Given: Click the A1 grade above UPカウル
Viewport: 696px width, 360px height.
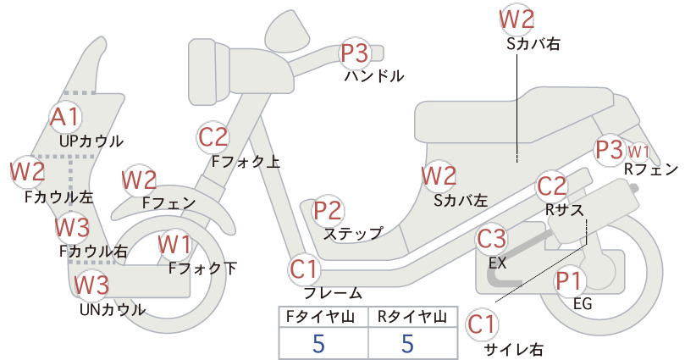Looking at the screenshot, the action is pyautogui.click(x=65, y=117).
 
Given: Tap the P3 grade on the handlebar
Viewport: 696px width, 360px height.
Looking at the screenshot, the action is pyautogui.click(x=354, y=53).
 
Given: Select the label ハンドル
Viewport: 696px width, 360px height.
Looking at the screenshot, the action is pyautogui.click(x=374, y=76).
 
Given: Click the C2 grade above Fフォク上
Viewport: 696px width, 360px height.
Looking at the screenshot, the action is pyautogui.click(x=213, y=137).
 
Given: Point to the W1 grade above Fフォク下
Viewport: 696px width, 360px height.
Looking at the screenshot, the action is pyautogui.click(x=174, y=245).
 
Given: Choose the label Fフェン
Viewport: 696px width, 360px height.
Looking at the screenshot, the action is pyautogui.click(x=169, y=202).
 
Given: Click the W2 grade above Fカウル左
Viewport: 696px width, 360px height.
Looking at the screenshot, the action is pyautogui.click(x=28, y=172).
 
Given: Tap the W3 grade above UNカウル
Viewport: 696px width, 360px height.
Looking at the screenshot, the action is pyautogui.click(x=91, y=285).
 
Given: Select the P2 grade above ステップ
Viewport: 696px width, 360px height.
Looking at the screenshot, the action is pyautogui.click(x=328, y=211).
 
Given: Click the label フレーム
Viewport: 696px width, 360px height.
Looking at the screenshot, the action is pyautogui.click(x=333, y=293).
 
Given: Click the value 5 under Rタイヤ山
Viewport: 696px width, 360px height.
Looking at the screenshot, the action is pyautogui.click(x=407, y=343).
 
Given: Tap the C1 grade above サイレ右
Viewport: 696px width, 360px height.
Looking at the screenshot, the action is pyautogui.click(x=482, y=324).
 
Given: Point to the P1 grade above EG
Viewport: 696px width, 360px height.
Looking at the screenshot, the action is pyautogui.click(x=569, y=281).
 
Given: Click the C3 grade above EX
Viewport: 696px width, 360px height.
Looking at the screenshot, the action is pyautogui.click(x=491, y=238).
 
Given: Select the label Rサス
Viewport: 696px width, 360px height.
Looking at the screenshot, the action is pyautogui.click(x=564, y=209).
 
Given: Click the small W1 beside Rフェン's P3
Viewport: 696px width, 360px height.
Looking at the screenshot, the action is pyautogui.click(x=638, y=152).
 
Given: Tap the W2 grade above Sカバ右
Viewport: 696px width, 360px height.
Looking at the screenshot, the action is pyautogui.click(x=516, y=19).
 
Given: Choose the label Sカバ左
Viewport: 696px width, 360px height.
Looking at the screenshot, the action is pyautogui.click(x=461, y=201).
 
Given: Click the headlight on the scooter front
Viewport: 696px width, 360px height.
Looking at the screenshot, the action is pyautogui.click(x=208, y=71).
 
